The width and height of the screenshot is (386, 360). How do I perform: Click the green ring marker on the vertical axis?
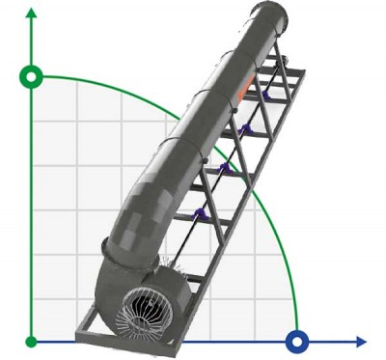point(32,76)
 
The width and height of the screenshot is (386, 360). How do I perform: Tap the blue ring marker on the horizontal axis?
point(298,341)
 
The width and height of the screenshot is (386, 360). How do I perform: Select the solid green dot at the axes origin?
point(32,341)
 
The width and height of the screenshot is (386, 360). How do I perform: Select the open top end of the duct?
point(266,13)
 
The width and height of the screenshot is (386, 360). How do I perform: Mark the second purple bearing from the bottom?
point(224,168)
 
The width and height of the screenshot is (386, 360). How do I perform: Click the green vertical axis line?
point(32,212)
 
